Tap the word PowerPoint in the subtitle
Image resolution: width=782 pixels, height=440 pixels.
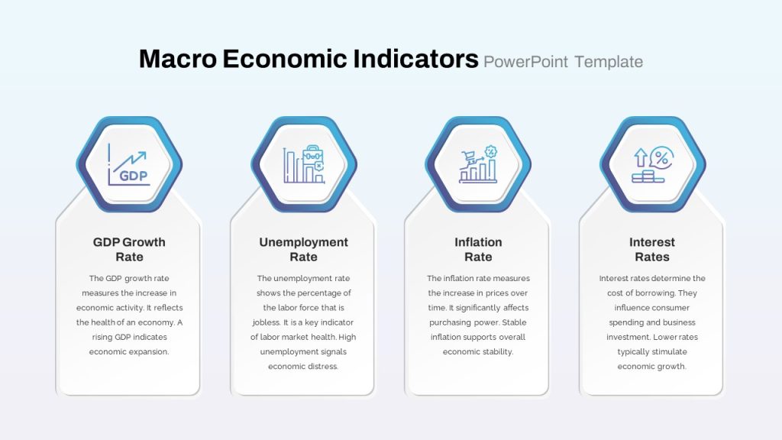coord(525,62)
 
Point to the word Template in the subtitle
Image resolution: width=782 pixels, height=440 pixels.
coord(609,62)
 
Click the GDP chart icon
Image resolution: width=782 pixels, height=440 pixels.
coord(129,165)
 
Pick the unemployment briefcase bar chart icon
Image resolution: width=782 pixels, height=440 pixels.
coord(304,164)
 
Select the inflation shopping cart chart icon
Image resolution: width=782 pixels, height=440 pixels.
coord(478,164)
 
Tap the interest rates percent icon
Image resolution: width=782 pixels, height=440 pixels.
coord(652,164)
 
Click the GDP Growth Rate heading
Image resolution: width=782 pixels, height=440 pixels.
coord(129,250)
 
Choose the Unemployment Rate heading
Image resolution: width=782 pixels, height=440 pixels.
coord(304,250)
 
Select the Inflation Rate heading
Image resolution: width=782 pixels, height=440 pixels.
coord(478,250)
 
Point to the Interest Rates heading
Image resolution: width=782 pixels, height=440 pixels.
coord(652,250)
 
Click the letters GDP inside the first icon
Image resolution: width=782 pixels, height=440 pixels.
coord(133,176)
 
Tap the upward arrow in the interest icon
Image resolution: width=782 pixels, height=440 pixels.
coord(641,157)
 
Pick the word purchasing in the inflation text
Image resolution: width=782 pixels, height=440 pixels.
coord(449,323)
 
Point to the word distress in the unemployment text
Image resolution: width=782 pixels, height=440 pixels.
coord(322,366)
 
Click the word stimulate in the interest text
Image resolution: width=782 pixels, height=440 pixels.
coord(669,351)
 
